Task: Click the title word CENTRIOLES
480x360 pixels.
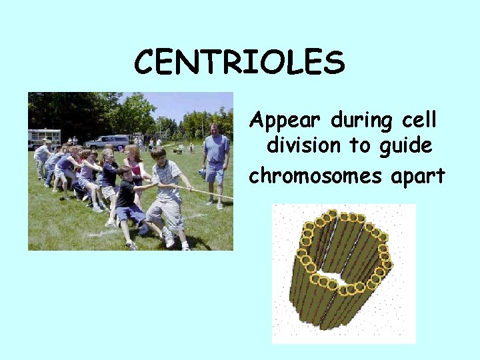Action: tap(239, 63)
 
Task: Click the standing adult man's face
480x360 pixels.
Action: tap(215, 129)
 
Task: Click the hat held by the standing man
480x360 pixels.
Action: tap(202, 173)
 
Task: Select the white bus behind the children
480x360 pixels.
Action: tap(44, 137)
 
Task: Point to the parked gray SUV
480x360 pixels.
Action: tap(108, 141)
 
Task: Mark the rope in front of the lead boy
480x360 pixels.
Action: tap(207, 193)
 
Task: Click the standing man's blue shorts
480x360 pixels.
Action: tap(215, 171)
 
